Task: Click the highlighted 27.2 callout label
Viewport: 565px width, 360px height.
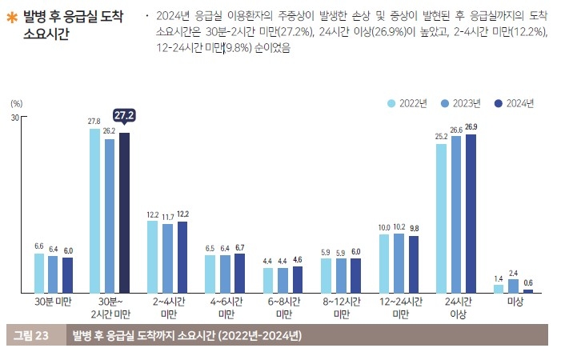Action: pos(124,117)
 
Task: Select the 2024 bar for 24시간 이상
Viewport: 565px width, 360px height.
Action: pos(471,213)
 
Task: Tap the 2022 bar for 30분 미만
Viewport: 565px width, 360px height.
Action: pos(38,273)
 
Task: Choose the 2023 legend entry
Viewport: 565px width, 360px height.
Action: pos(460,103)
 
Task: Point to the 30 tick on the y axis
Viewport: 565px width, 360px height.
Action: pos(14,118)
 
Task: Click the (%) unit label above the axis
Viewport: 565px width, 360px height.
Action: pos(17,103)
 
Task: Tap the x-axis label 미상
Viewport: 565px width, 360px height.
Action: pos(514,302)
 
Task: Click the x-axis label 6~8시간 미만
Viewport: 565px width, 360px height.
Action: pos(283,308)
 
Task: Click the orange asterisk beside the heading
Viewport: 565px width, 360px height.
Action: pos(12,16)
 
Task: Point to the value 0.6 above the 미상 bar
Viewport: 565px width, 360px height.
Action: pos(528,282)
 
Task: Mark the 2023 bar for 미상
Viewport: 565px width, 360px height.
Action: pos(514,286)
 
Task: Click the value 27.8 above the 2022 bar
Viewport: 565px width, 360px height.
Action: pos(94,121)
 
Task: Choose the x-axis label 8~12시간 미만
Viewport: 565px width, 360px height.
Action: pos(341,308)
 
